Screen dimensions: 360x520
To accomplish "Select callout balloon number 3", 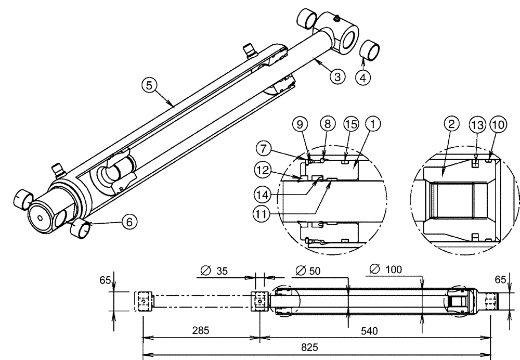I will [338, 77].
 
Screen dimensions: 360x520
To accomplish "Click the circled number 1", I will [373, 125].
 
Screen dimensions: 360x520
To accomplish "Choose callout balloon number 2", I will [452, 125].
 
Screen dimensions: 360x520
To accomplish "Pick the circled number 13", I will [476, 125].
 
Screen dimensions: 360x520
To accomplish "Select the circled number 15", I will [350, 125].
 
